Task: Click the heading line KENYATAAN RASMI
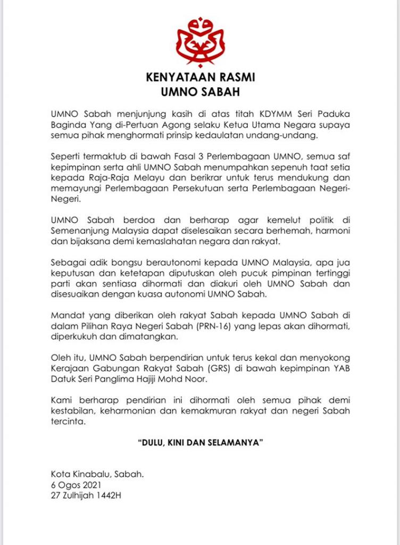[x=201, y=78]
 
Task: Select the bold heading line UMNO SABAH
[x=201, y=92]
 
